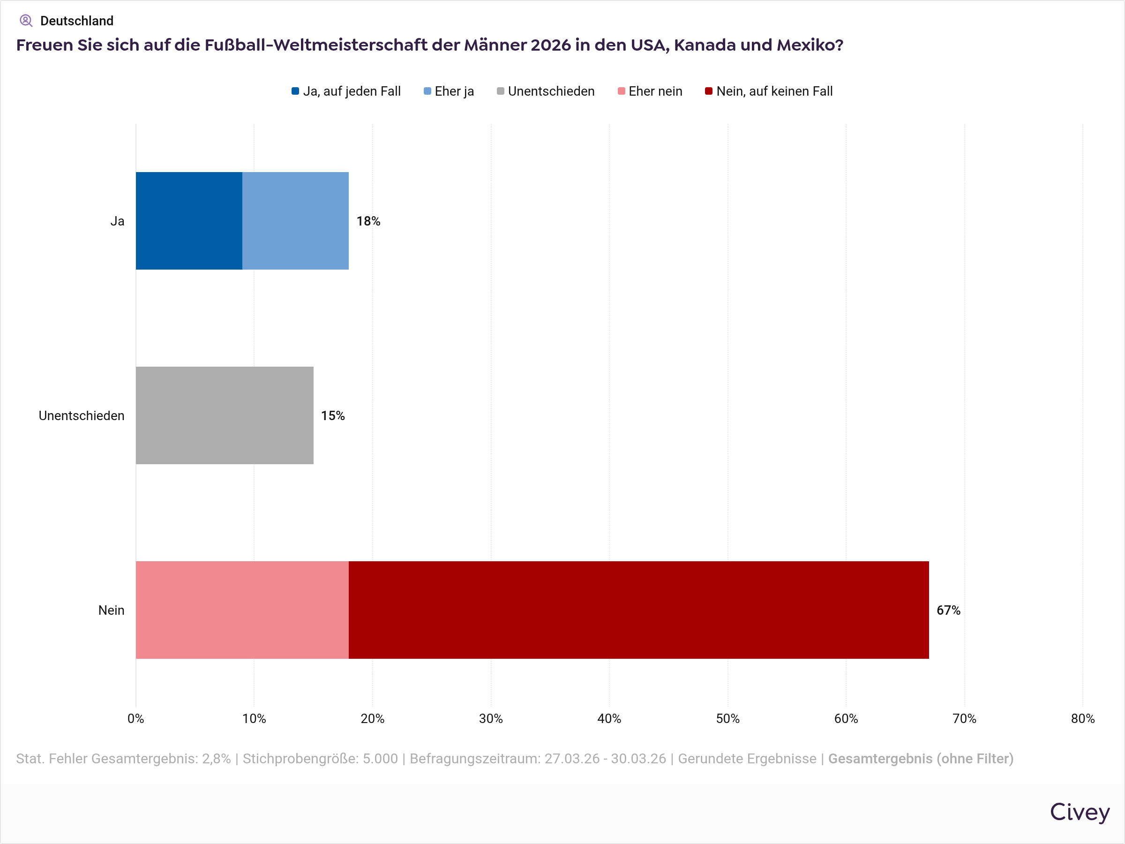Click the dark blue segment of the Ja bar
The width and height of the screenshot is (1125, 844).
click(189, 221)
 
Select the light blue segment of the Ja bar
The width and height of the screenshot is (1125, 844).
click(295, 221)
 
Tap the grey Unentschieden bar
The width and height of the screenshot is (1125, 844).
click(224, 415)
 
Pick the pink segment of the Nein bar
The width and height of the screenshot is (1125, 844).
click(242, 610)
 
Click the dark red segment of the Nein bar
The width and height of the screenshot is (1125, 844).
click(639, 610)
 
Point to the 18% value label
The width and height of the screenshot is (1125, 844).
click(368, 221)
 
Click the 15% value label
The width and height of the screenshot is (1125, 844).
click(333, 415)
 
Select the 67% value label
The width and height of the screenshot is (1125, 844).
click(949, 610)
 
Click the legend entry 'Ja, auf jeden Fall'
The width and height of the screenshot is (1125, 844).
click(346, 91)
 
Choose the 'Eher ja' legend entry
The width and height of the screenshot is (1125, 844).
click(449, 91)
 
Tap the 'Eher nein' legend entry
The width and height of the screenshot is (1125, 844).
click(650, 91)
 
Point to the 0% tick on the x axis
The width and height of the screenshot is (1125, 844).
click(136, 719)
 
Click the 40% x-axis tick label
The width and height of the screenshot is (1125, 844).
click(609, 719)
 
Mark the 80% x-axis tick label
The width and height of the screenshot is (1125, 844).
click(1083, 719)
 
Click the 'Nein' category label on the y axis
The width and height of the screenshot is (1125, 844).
click(112, 610)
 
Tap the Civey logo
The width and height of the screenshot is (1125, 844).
click(1080, 812)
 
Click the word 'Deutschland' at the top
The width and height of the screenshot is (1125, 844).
click(77, 21)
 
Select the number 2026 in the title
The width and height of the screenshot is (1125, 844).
click(551, 45)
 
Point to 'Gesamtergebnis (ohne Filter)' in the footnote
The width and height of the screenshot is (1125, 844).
click(921, 759)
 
